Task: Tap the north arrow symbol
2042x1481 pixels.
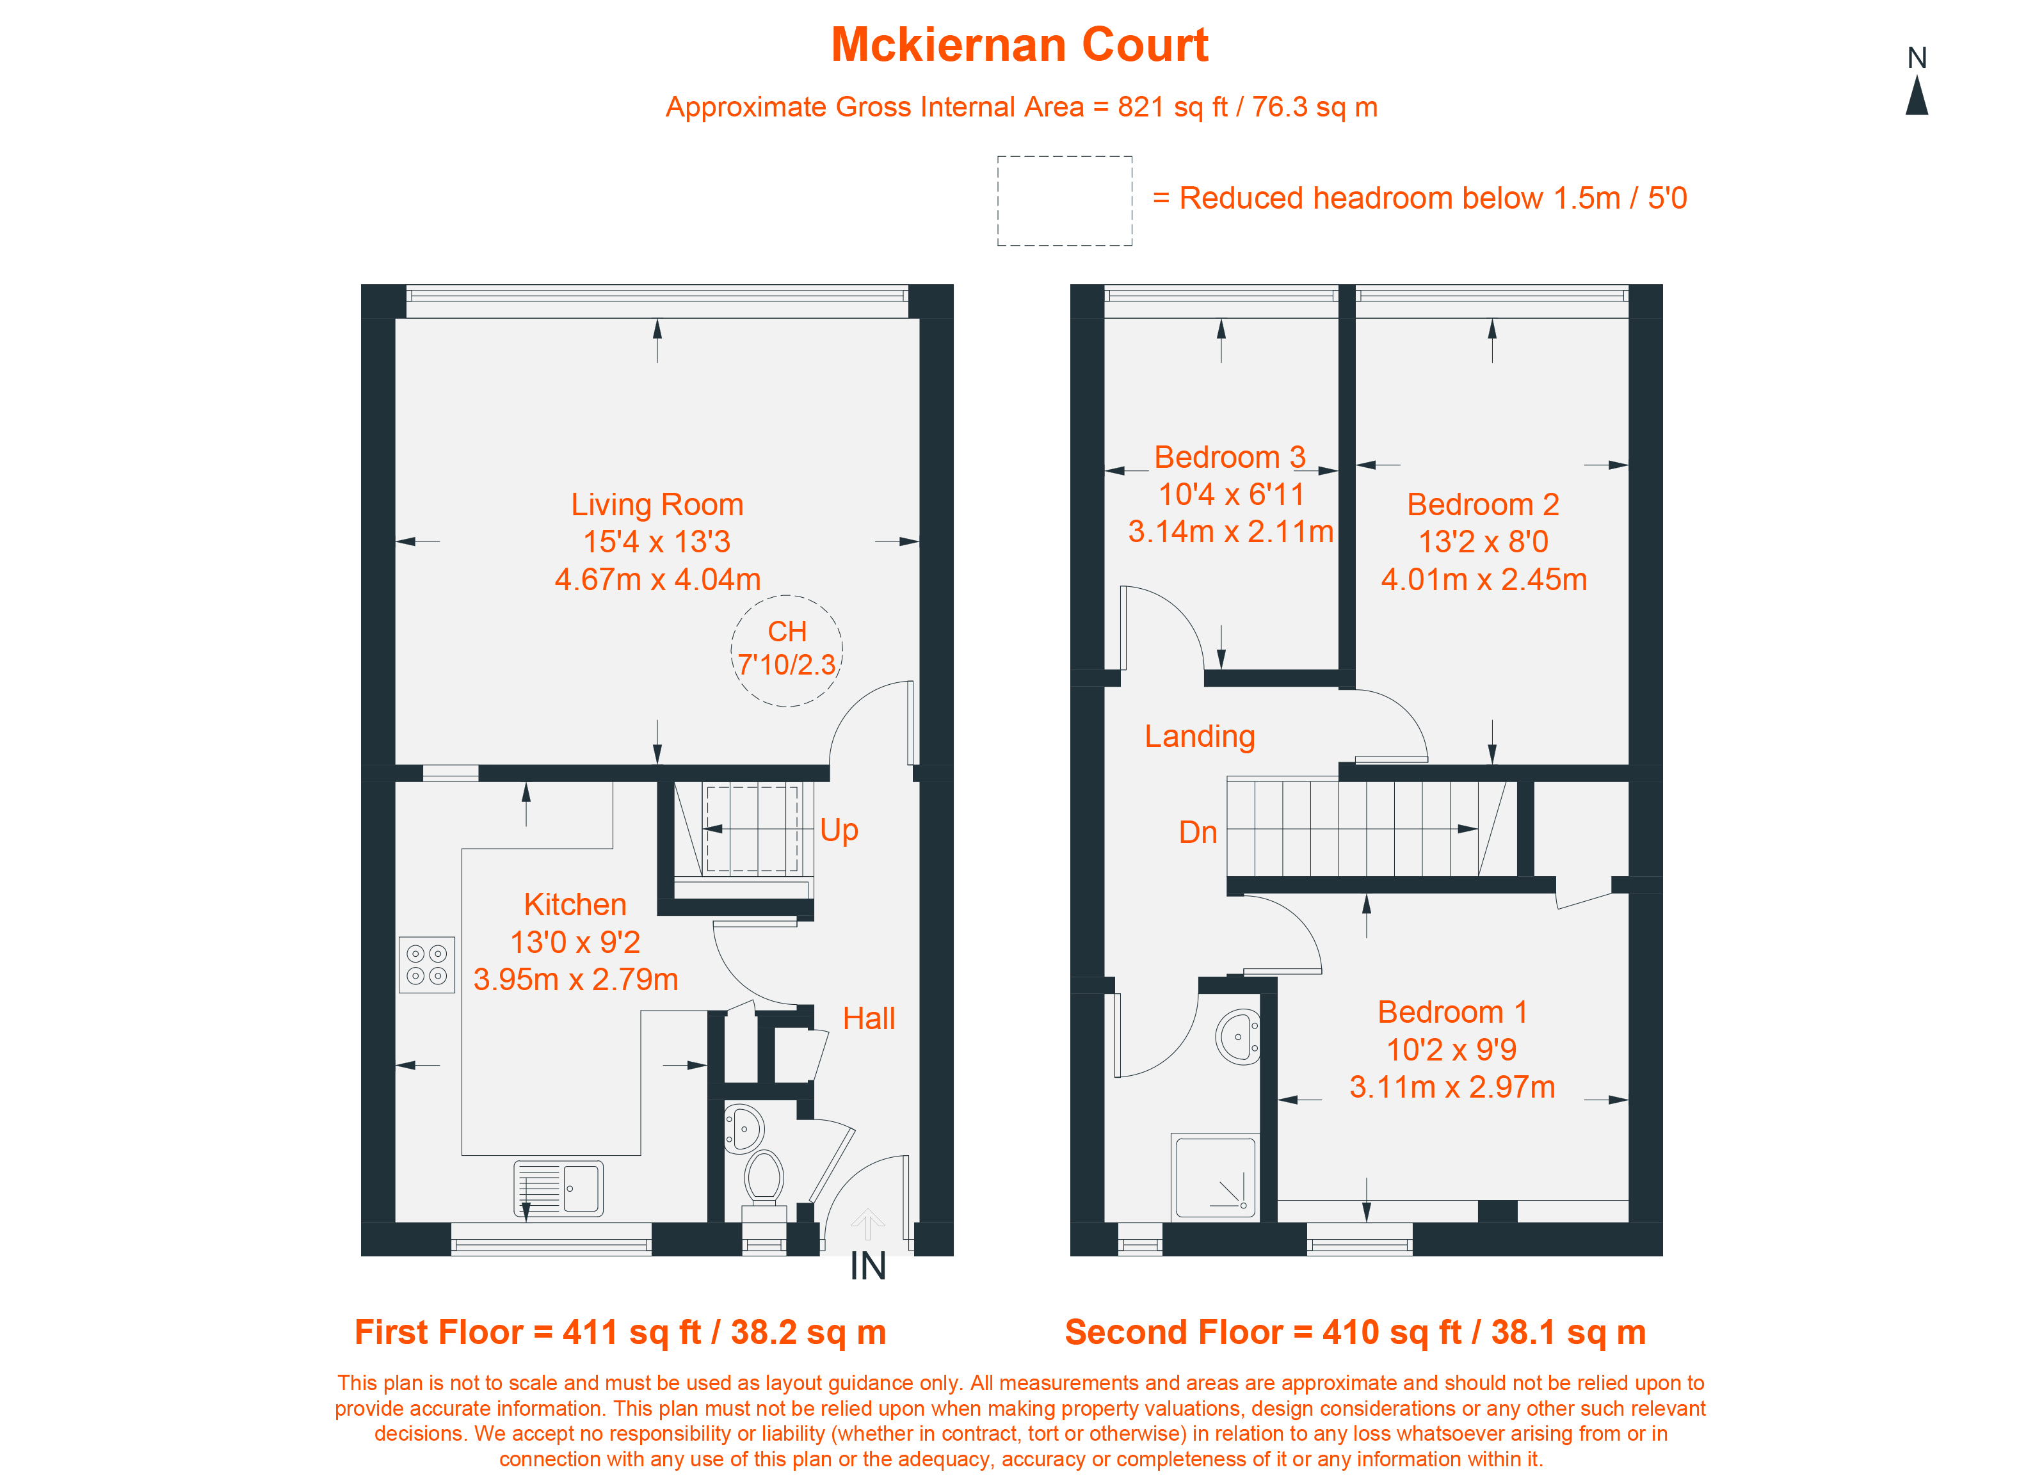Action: tap(1917, 95)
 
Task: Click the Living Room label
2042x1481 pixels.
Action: tap(657, 504)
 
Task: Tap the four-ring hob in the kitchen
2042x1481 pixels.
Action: tap(427, 965)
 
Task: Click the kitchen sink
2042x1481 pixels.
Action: tap(558, 1189)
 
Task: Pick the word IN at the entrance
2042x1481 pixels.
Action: tap(868, 1267)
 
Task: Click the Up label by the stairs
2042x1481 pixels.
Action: tap(839, 830)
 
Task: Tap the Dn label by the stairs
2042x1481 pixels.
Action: tap(1198, 833)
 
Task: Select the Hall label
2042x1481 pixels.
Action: tap(869, 1018)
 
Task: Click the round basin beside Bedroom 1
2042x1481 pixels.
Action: tap(1238, 1037)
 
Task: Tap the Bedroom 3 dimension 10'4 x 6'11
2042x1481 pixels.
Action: tap(1231, 494)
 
